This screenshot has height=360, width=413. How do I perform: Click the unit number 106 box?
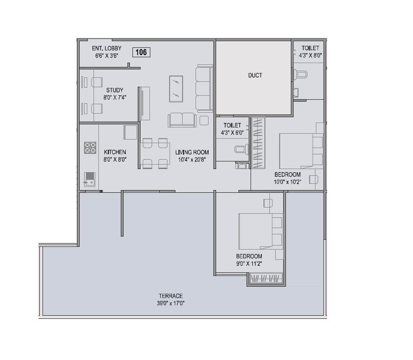coord(141,52)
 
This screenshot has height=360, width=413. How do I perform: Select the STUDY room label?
coord(115,90)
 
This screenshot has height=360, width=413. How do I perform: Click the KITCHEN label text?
coord(115,152)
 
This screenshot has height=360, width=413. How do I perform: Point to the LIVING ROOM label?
coord(192,152)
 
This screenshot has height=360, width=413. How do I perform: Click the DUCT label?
coord(255,75)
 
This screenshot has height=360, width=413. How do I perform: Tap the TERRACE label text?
coord(170,296)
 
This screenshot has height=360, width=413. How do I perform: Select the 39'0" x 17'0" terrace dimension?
coord(170,303)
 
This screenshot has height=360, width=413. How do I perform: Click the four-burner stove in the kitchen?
coord(90,148)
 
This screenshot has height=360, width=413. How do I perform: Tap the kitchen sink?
coord(90,179)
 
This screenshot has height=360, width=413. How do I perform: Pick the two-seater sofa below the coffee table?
coord(182,120)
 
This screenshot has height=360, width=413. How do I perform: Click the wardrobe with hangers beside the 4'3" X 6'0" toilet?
coord(258,143)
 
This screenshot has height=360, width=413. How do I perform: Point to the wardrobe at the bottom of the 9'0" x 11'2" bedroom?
coord(266,279)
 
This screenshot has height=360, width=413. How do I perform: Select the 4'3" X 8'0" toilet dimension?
coord(311,55)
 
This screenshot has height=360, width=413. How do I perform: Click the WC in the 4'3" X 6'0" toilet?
coord(241,150)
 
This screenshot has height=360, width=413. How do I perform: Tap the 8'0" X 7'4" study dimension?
coord(115,97)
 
